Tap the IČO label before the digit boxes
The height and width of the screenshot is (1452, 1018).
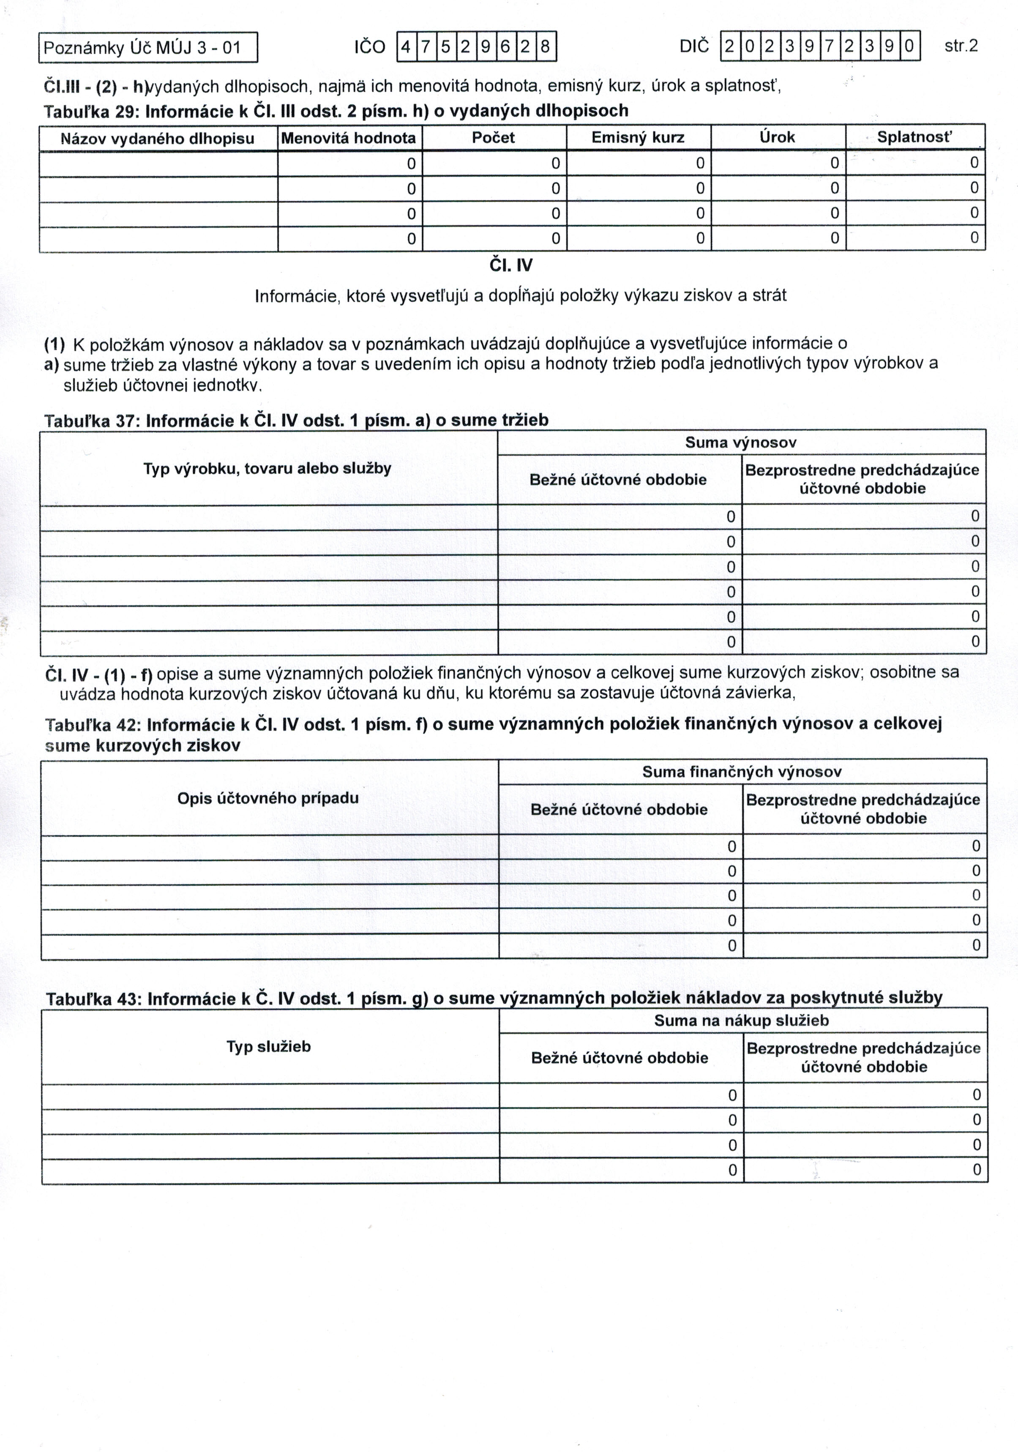(370, 47)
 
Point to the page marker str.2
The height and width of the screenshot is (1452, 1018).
(961, 46)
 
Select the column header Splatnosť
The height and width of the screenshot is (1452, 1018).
(914, 137)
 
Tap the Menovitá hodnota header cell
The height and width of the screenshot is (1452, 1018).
(349, 138)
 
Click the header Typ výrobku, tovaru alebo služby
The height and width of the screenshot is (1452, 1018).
(267, 469)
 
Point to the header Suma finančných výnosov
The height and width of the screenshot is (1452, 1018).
(742, 772)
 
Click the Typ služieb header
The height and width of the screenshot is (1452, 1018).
(269, 1047)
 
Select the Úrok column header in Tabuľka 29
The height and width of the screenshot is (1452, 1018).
(777, 137)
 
